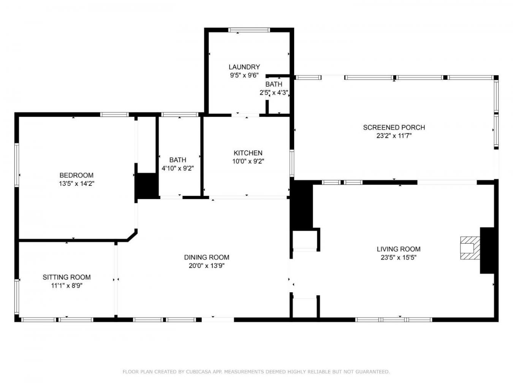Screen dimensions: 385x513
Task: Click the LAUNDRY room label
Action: (x=244, y=67)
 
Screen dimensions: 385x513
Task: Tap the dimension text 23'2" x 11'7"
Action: (x=394, y=136)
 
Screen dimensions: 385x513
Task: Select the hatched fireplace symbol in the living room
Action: (x=470, y=248)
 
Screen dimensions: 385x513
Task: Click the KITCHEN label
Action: (x=248, y=153)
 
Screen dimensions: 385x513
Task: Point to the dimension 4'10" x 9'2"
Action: (x=178, y=168)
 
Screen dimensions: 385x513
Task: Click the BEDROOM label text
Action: (x=76, y=175)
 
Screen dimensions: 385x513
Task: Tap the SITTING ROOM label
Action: (x=66, y=277)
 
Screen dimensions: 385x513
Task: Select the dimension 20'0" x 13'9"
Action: (x=206, y=266)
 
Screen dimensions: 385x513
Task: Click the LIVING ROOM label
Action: (x=398, y=249)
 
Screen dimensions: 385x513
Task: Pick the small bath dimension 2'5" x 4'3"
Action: (x=274, y=92)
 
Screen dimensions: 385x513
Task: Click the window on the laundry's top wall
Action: (x=249, y=30)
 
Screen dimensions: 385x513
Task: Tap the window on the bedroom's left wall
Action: (x=17, y=164)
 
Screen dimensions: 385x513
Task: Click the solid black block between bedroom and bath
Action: (x=146, y=185)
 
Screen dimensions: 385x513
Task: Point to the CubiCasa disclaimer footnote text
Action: (x=256, y=371)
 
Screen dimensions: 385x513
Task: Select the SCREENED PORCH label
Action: (x=394, y=127)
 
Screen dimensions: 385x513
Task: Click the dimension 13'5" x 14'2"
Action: (x=76, y=184)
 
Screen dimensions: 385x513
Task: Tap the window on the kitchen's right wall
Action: (x=292, y=163)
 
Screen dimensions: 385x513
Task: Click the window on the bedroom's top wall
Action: (x=114, y=114)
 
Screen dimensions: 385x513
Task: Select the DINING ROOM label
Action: (x=206, y=257)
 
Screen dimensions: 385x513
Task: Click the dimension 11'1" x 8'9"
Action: (x=66, y=285)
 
